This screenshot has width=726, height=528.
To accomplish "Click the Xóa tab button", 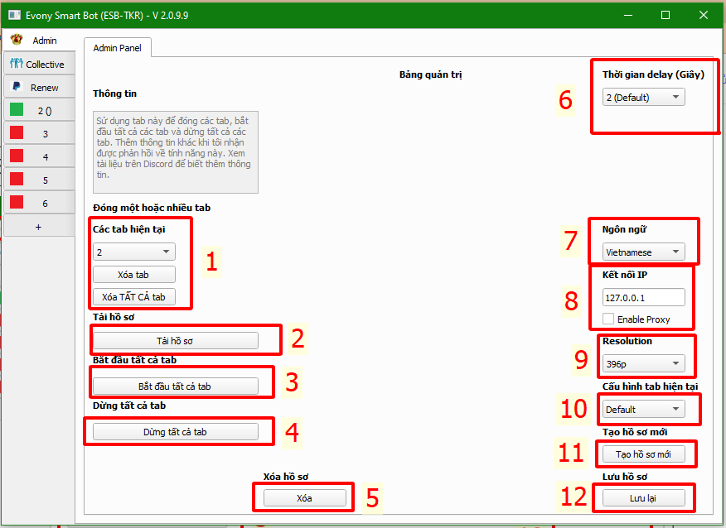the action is (x=133, y=274).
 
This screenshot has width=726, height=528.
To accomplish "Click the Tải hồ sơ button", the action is (x=176, y=341).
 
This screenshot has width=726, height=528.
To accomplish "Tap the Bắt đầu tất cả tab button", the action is (x=176, y=386).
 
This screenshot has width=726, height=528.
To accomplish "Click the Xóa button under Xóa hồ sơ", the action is (x=305, y=498).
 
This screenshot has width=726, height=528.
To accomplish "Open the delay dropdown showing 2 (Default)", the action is (x=644, y=97).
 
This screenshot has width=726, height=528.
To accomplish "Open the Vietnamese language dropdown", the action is (x=644, y=252).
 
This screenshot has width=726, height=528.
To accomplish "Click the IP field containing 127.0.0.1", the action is (x=644, y=297).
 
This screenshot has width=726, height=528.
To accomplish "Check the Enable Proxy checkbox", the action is (x=608, y=319).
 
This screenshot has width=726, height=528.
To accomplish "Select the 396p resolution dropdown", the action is (x=644, y=364).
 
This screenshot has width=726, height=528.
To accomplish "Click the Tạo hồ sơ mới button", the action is (x=644, y=454).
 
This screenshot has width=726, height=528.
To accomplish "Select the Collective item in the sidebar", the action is (x=39, y=64).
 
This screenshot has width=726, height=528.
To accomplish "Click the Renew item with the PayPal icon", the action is (x=39, y=88).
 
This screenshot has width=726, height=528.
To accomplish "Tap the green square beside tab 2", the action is (x=17, y=109).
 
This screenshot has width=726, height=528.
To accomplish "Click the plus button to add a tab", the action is (x=39, y=227).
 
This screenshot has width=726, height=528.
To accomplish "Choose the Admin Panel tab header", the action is (x=118, y=48).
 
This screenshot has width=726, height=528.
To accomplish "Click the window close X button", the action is (x=704, y=15).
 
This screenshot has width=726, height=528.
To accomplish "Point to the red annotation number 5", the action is (x=372, y=498).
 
